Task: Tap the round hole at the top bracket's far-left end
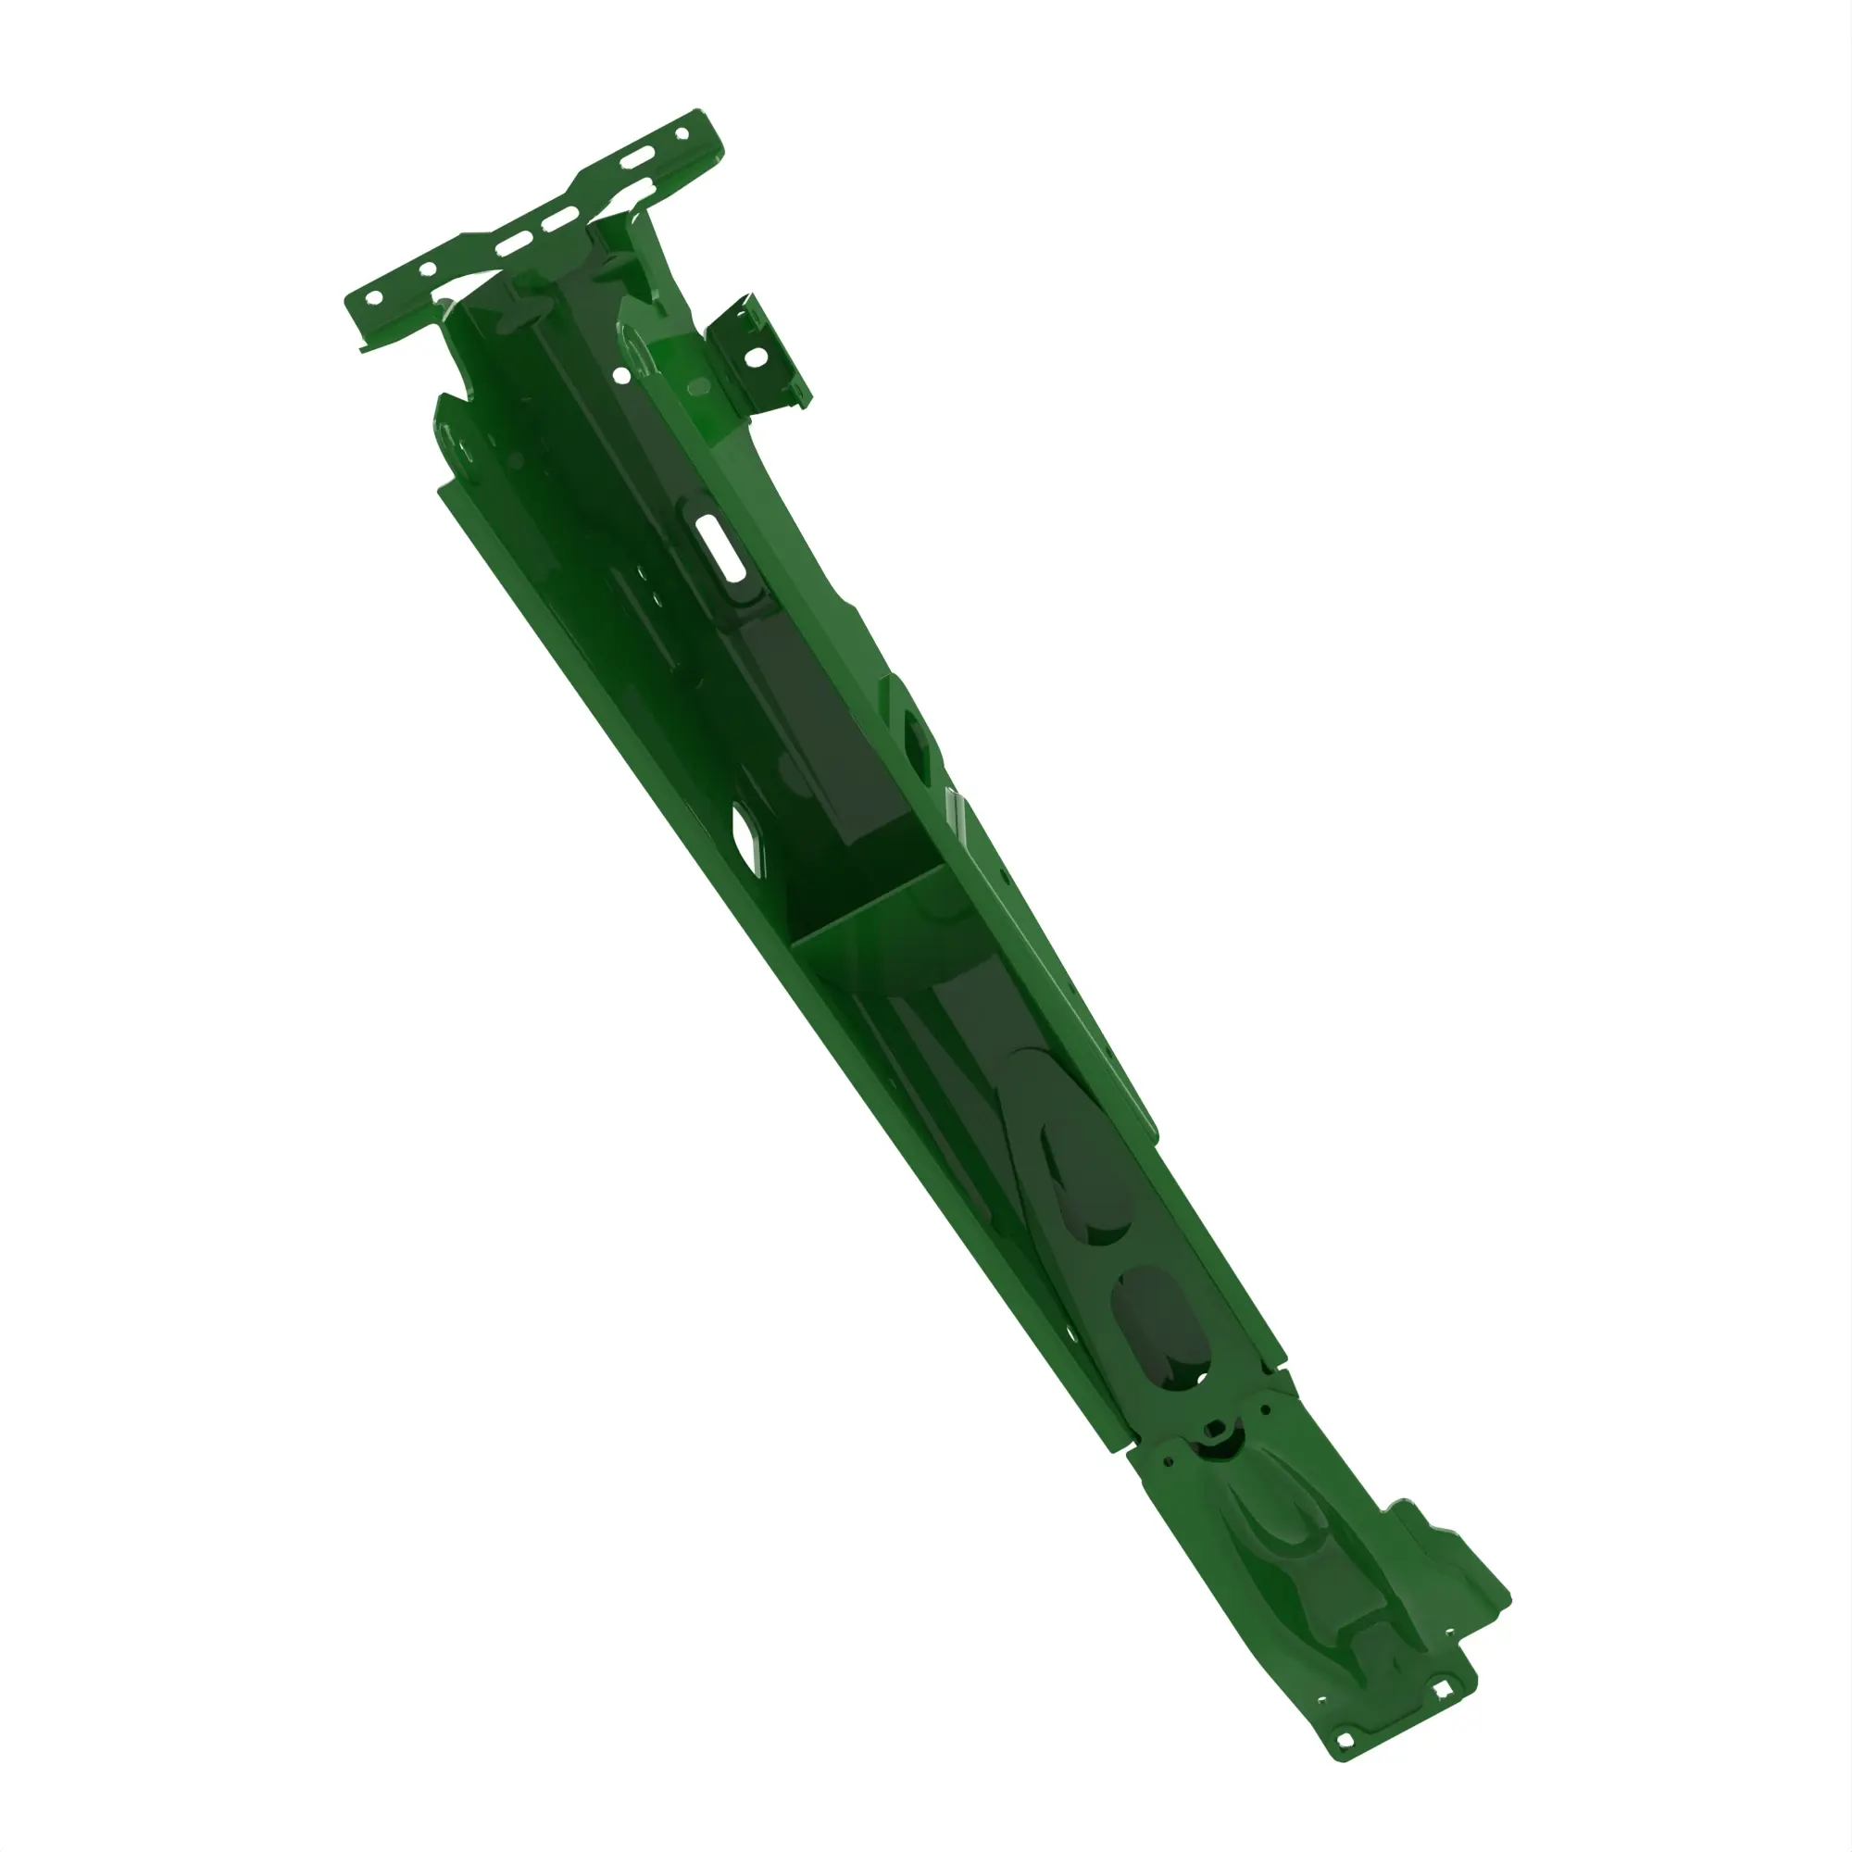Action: tap(375, 297)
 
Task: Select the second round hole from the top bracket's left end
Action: tap(428, 269)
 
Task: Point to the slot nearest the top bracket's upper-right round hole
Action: tap(636, 160)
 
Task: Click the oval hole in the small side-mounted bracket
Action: tap(756, 357)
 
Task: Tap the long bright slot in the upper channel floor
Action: tap(720, 546)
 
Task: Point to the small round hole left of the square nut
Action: tap(1168, 1463)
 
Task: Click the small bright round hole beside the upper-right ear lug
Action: tap(622, 375)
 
